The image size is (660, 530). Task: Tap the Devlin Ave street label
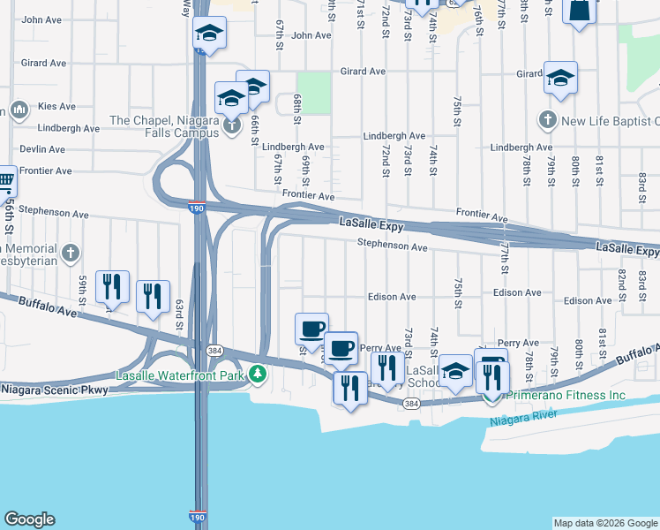pyautogui.click(x=39, y=149)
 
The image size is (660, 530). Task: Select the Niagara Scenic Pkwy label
pyautogui.click(x=55, y=390)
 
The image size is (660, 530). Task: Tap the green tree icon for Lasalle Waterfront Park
pyautogui.click(x=257, y=375)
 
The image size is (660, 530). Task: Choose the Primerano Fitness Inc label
pyautogui.click(x=569, y=395)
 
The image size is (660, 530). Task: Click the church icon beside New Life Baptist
pyautogui.click(x=547, y=119)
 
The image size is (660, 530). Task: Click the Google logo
pyautogui.click(x=29, y=519)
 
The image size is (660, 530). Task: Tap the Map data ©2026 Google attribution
pyautogui.click(x=604, y=523)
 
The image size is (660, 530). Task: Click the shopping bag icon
pyautogui.click(x=579, y=11)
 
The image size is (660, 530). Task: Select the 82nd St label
pyautogui.click(x=622, y=284)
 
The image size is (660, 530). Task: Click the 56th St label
pyautogui.click(x=9, y=217)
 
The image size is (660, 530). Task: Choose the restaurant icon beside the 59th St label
pyautogui.click(x=112, y=286)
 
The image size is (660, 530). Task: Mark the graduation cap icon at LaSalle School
pyautogui.click(x=455, y=371)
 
